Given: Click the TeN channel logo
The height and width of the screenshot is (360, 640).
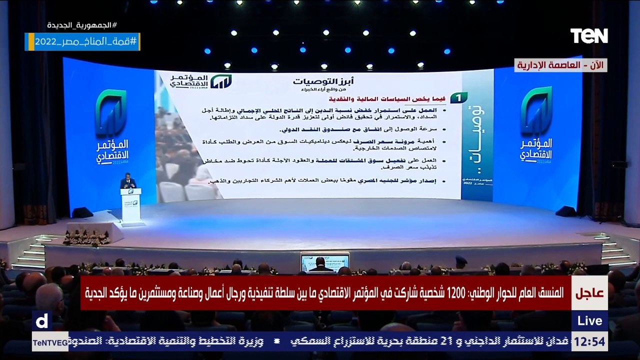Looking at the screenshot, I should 589,35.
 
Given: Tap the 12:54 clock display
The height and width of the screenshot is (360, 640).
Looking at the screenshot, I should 589,342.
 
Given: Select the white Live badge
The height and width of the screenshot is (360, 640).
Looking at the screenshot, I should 589,320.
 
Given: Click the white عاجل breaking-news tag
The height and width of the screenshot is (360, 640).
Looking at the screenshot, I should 590,293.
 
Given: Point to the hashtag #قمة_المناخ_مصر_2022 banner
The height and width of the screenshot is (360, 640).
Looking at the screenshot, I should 82,41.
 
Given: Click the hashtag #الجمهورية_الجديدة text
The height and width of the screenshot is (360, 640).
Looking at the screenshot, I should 82,25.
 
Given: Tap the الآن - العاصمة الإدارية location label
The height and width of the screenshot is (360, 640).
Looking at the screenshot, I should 560,65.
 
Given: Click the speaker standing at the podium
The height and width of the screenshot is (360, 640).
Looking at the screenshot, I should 128,181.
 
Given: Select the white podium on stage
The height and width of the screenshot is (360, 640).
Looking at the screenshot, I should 131,204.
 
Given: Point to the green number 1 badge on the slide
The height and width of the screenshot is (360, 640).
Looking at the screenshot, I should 458,97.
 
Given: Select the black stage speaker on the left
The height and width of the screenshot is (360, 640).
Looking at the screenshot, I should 82,212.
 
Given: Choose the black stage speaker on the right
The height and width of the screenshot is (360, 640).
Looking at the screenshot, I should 565,211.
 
